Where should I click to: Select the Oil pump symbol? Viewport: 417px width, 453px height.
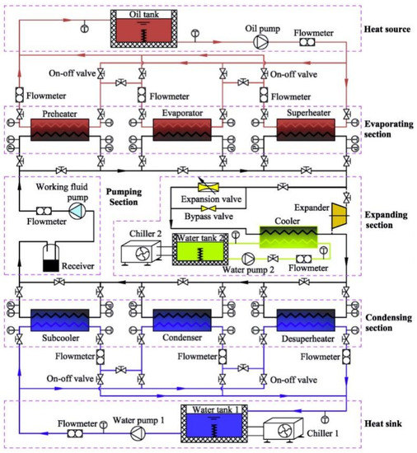[261, 42]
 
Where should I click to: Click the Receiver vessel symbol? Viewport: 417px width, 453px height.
[54, 262]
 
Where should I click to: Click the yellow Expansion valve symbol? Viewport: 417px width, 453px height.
[204, 187]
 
